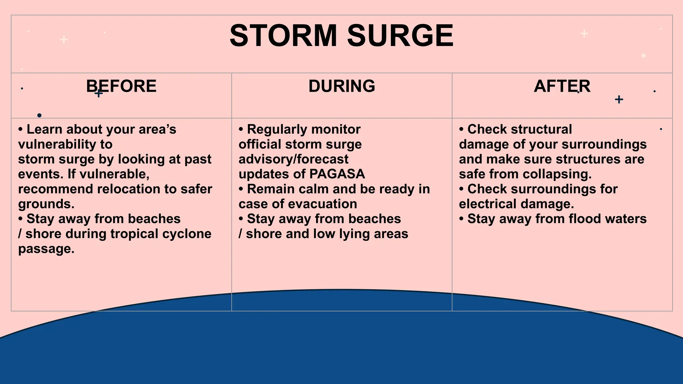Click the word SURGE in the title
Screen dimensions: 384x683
pyautogui.click(x=400, y=36)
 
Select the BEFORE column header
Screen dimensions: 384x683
pyautogui.click(x=121, y=86)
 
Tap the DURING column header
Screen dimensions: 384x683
pyautogui.click(x=342, y=86)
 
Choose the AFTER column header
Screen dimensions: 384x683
pyautogui.click(x=562, y=86)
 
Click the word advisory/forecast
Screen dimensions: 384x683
pyautogui.click(x=293, y=159)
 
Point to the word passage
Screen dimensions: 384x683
pyautogui.click(x=46, y=249)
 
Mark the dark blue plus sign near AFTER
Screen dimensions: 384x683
pyautogui.click(x=619, y=99)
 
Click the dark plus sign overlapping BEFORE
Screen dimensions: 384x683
pyautogui.click(x=99, y=93)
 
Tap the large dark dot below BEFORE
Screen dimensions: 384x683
pyautogui.click(x=39, y=115)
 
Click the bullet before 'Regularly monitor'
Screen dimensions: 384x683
pyautogui.click(x=241, y=129)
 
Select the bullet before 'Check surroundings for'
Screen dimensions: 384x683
pyautogui.click(x=462, y=189)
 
